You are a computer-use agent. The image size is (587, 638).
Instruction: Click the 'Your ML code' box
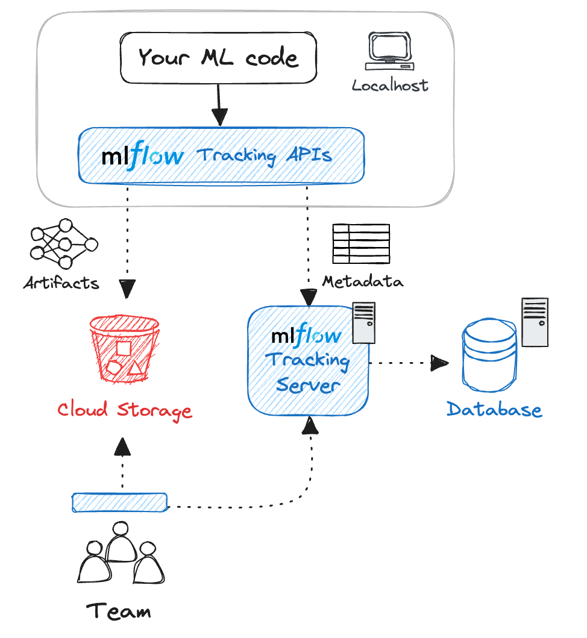(x=218, y=58)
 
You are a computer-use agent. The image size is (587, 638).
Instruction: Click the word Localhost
(x=391, y=85)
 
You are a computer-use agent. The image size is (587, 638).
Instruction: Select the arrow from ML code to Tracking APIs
(x=219, y=105)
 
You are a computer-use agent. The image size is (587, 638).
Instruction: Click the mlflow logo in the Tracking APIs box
(x=142, y=155)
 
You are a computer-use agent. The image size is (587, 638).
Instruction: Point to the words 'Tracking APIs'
(x=265, y=155)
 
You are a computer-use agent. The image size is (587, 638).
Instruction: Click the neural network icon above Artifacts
(x=63, y=244)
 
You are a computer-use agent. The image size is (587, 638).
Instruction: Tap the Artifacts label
(x=61, y=283)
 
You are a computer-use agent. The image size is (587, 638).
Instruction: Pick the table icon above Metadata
(x=362, y=243)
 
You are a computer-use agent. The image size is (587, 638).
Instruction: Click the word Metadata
(x=363, y=281)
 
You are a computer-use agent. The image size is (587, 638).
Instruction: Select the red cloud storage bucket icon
(x=124, y=349)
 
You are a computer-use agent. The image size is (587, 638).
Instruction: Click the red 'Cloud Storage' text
(x=125, y=410)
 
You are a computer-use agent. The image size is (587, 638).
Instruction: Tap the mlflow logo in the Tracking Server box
(x=307, y=336)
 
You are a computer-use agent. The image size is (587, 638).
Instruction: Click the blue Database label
(x=494, y=410)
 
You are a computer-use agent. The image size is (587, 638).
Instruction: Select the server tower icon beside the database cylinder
(x=535, y=322)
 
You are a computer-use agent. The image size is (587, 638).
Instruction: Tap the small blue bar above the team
(x=120, y=502)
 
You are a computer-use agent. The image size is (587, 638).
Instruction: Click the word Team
(x=119, y=611)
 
